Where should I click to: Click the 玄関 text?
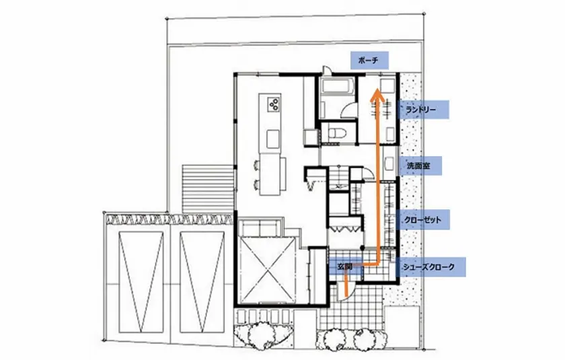click(x=344, y=267)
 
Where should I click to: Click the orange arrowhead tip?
click(x=377, y=89)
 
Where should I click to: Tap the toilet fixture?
click(x=338, y=134)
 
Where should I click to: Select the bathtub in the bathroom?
click(x=336, y=87)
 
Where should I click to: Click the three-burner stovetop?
click(x=273, y=104)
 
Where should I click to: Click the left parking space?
click(x=141, y=282)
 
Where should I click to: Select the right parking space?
click(x=202, y=282)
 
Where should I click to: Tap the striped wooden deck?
click(x=208, y=189)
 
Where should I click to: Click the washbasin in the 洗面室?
click(x=389, y=164)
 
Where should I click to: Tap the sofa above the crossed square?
click(x=260, y=227)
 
